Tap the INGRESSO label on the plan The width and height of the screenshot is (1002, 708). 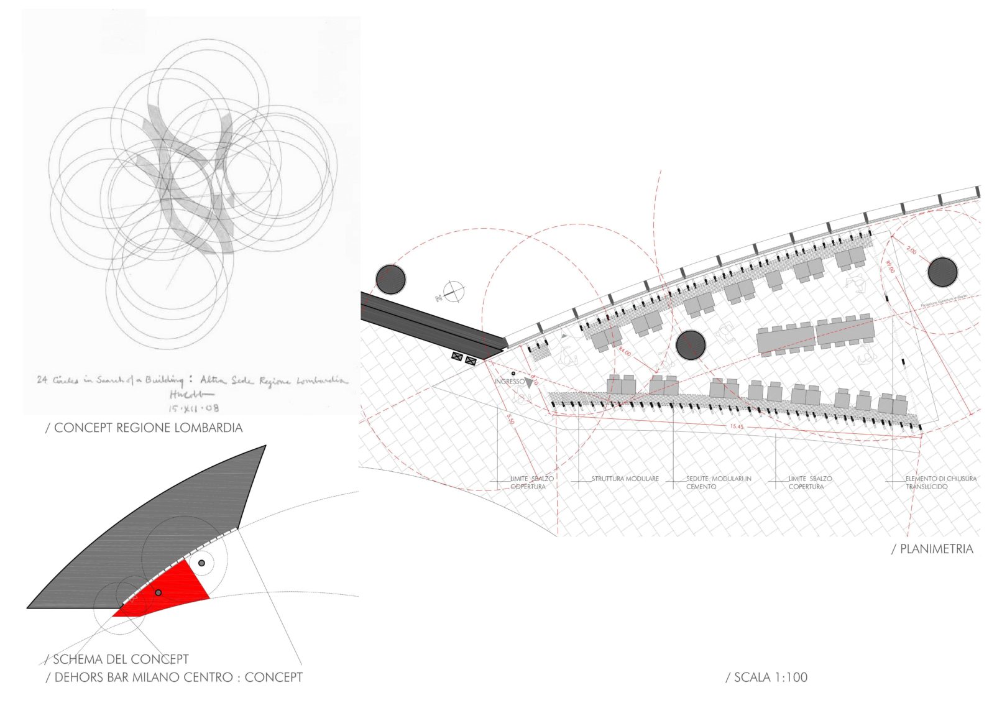[510, 381]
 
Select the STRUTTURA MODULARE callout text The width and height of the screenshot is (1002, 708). [625, 479]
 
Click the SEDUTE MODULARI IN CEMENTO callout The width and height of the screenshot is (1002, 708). [718, 482]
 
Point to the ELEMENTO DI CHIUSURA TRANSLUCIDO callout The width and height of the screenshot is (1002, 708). [940, 482]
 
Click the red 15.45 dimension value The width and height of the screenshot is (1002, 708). [737, 427]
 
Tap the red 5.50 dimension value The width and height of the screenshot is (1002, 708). [511, 420]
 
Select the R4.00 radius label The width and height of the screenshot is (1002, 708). [624, 352]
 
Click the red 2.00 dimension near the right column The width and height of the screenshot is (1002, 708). [911, 251]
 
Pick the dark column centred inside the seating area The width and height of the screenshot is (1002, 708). [691, 345]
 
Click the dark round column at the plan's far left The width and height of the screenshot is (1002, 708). [390, 279]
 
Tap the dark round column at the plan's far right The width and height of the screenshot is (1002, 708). [942, 272]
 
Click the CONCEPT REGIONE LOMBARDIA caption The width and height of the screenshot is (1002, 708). [144, 428]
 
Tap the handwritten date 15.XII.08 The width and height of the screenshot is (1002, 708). [193, 408]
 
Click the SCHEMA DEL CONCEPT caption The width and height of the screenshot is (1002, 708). [117, 659]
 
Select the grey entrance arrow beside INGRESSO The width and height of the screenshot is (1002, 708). [529, 383]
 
